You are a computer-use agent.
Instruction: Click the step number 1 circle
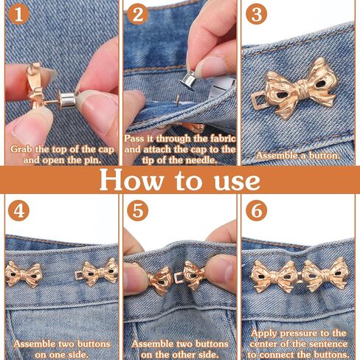coord(18,15)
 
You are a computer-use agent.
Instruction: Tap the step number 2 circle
coord(138,15)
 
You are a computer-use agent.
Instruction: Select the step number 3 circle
coord(257,15)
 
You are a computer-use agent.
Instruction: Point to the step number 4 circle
coord(18,211)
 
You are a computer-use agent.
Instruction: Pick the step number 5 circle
coord(138,211)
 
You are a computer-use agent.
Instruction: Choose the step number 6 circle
coord(257,211)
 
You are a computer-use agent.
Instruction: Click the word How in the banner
coord(131,179)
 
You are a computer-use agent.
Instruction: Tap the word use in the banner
coord(237,182)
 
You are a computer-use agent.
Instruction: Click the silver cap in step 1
coord(68,100)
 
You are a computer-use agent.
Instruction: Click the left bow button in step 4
coord(23,274)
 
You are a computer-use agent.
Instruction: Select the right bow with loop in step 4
coord(97,272)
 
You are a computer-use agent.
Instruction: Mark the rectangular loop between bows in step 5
coord(180,278)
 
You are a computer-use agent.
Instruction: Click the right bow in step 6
coord(326,274)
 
